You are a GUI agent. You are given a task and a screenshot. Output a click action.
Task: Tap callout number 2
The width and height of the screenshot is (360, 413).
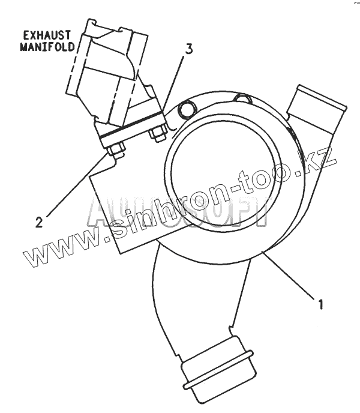point(39,222)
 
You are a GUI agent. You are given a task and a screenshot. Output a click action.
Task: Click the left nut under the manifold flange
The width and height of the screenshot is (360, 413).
point(118,148)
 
